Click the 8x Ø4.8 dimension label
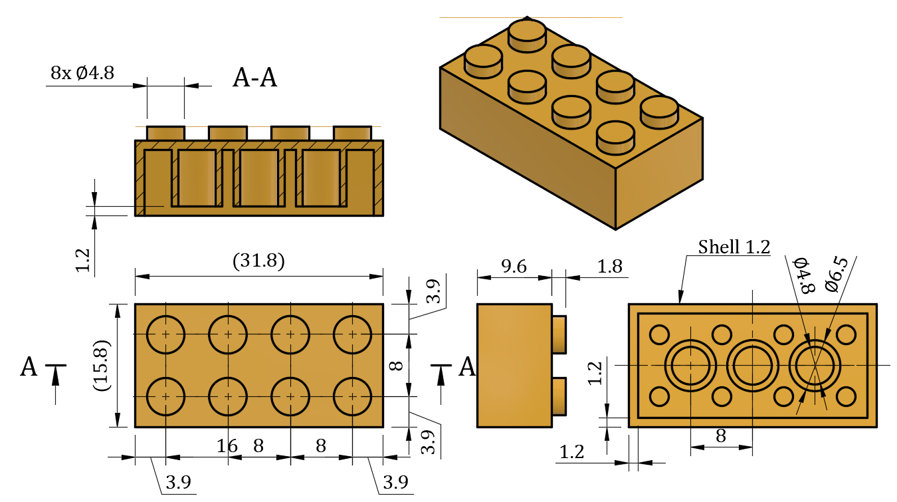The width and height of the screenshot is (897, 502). (82, 73)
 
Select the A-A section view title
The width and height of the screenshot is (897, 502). (254, 78)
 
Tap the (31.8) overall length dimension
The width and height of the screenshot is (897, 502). (259, 261)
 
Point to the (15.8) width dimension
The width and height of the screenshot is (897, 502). (102, 365)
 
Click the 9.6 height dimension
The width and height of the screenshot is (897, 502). (514, 267)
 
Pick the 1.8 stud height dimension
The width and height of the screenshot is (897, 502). (609, 267)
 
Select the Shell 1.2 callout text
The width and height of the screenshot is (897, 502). (734, 247)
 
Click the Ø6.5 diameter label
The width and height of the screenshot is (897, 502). (836, 274)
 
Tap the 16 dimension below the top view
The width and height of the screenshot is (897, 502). (227, 446)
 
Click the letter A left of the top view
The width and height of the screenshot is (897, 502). (29, 367)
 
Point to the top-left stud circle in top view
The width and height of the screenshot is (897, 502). (165, 334)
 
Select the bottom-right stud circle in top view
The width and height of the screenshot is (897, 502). (352, 396)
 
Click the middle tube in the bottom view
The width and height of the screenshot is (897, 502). (752, 365)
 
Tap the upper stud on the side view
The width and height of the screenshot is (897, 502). (559, 335)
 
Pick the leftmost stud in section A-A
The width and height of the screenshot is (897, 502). (165, 133)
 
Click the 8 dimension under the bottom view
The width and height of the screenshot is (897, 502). (720, 437)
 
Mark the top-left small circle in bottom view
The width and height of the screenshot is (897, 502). (659, 334)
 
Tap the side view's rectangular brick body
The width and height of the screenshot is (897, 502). (514, 365)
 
